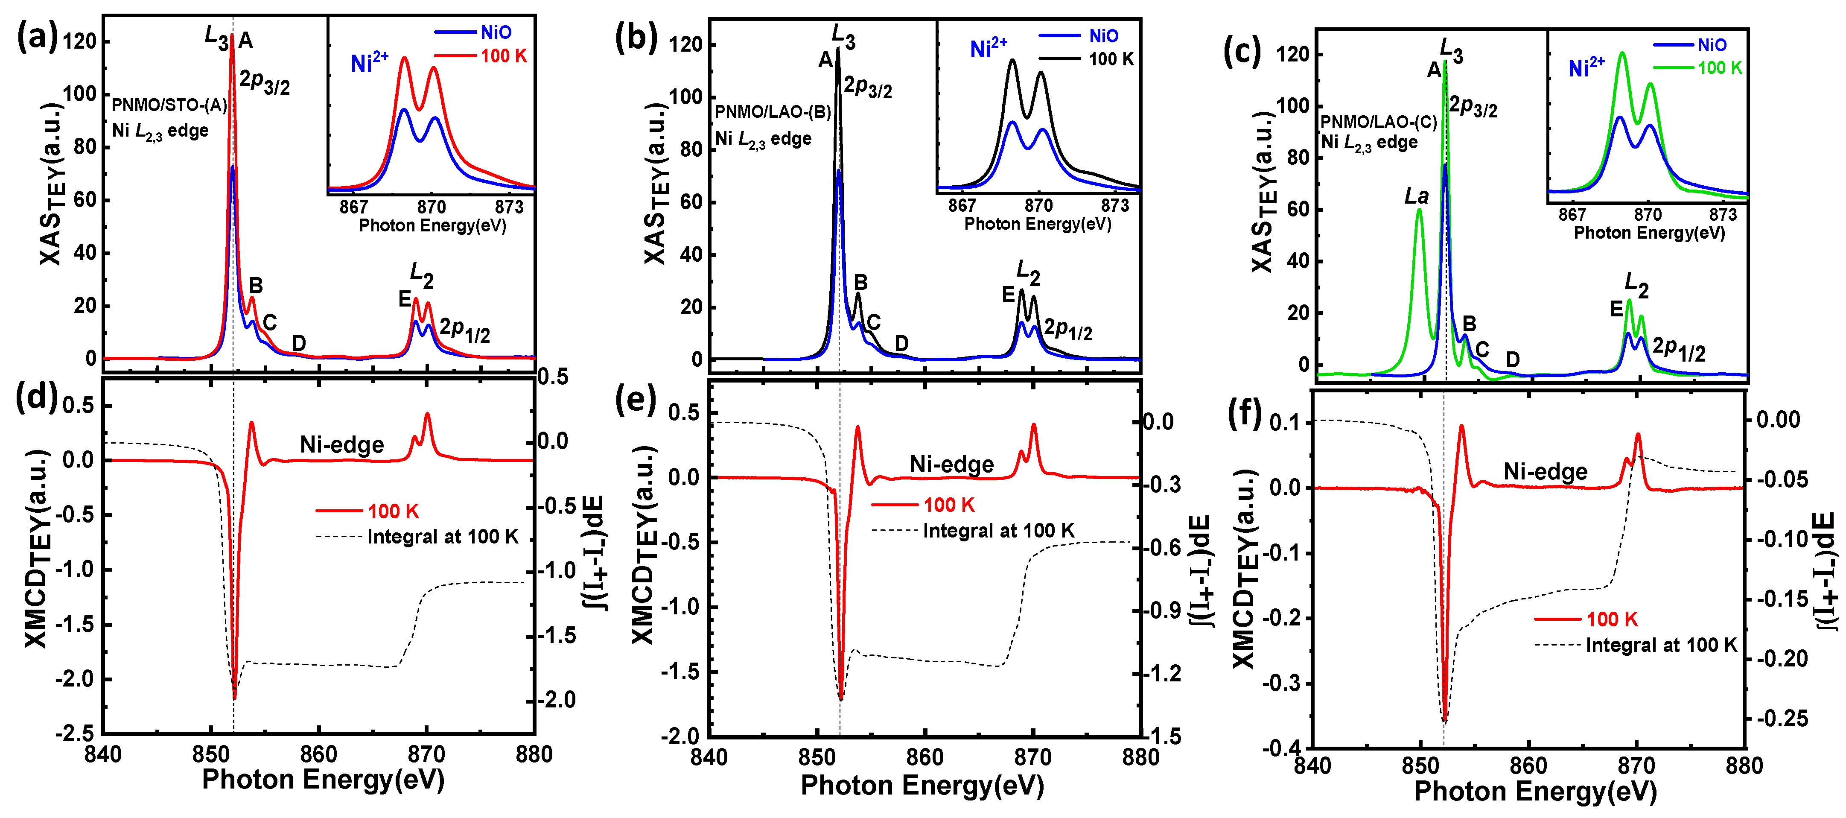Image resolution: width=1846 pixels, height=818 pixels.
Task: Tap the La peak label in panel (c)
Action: click(x=1416, y=196)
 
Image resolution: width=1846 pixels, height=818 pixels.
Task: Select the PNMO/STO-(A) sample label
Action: click(x=169, y=105)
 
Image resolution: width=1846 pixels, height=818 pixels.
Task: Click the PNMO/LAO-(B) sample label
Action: click(x=773, y=112)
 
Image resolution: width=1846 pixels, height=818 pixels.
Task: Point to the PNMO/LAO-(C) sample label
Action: click(x=1379, y=122)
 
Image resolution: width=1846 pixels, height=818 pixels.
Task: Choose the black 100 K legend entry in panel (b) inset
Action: click(x=1111, y=59)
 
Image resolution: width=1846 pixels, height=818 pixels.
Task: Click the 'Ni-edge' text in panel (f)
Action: click(x=1545, y=472)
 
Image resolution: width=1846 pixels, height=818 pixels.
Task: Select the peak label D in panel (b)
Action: click(x=901, y=343)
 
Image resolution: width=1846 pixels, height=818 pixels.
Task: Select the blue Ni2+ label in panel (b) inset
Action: click(x=988, y=48)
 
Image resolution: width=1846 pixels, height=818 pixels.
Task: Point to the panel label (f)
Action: click(x=1244, y=415)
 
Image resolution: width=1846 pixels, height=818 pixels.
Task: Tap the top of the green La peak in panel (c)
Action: click(x=1418, y=210)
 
